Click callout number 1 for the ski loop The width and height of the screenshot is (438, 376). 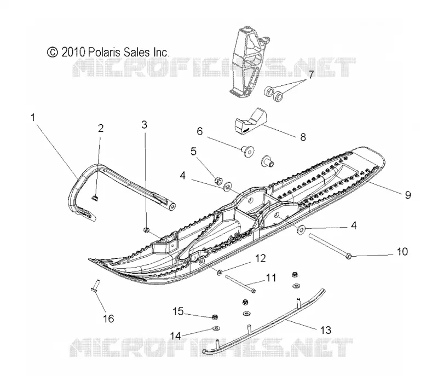coord(33,117)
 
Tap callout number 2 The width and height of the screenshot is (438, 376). coord(101,128)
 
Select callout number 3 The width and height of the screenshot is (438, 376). coord(144,125)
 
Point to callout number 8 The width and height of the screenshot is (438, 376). coord(303,137)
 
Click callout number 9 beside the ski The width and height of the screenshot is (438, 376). coord(408,195)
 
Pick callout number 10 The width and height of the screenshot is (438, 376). coord(402,252)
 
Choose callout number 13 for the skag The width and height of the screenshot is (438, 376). coord(325,330)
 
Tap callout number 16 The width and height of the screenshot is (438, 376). coord(108,319)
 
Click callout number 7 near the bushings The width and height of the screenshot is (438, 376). coord(311,74)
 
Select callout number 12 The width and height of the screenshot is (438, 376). coord(261,258)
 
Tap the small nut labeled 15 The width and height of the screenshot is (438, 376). coord(215,317)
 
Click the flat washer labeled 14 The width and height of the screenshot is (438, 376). coord(216,328)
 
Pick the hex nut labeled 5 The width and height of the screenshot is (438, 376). coord(218,181)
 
